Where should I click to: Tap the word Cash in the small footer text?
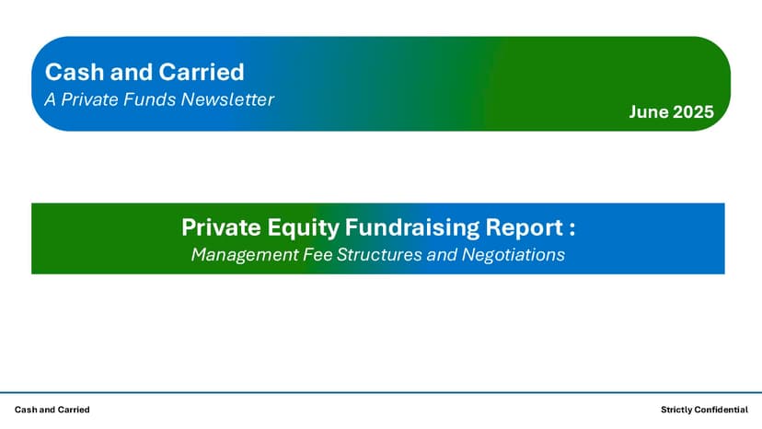(x=25, y=410)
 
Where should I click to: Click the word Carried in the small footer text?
(x=73, y=410)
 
